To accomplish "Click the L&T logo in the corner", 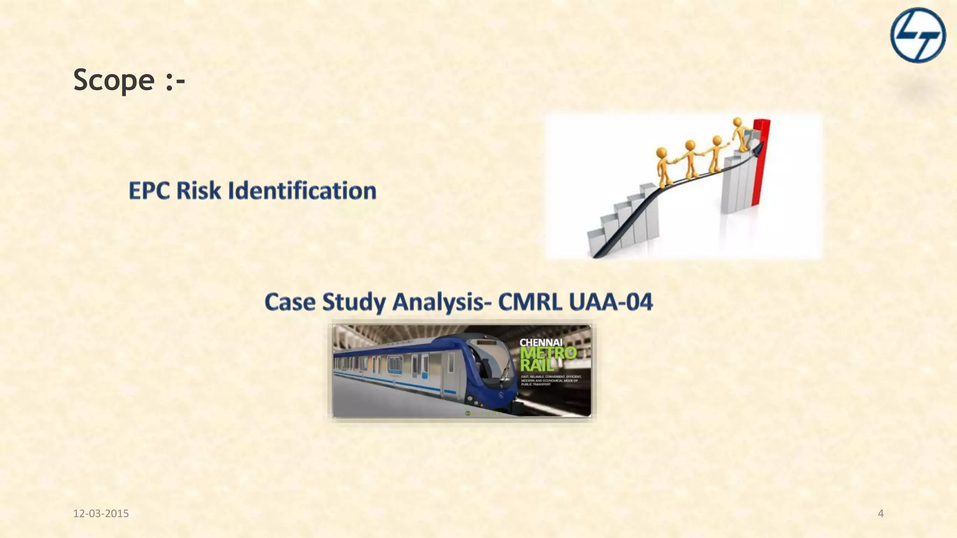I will tap(918, 35).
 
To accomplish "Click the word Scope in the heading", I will tap(114, 80).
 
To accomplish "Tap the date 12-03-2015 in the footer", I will tap(101, 514).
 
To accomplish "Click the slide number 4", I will tap(881, 514).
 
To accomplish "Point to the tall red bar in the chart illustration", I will tap(760, 163).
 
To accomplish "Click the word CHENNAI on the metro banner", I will tap(541, 343).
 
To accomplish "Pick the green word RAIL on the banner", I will tap(537, 364).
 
